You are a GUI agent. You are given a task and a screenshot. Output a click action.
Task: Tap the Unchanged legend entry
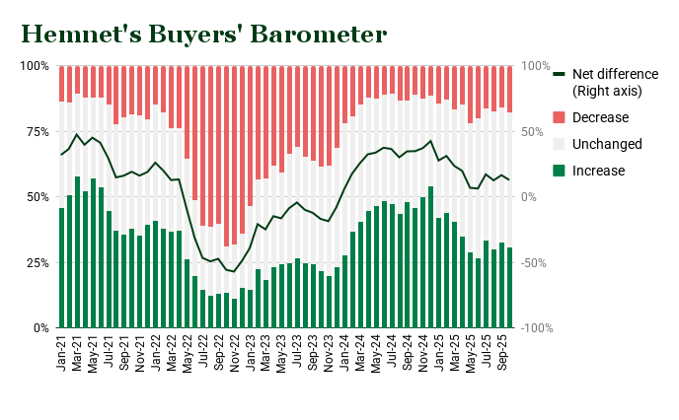[x=607, y=144]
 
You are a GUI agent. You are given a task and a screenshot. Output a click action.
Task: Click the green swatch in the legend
[x=560, y=171]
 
